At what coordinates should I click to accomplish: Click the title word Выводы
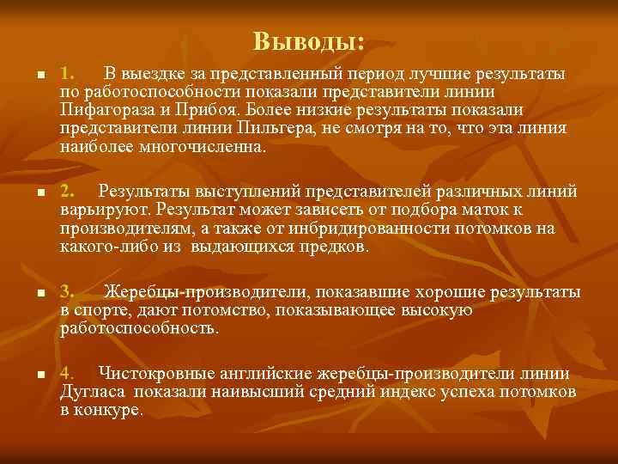[308, 40]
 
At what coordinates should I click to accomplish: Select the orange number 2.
[70, 191]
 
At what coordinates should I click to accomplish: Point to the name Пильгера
[272, 128]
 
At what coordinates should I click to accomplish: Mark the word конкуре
[110, 410]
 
